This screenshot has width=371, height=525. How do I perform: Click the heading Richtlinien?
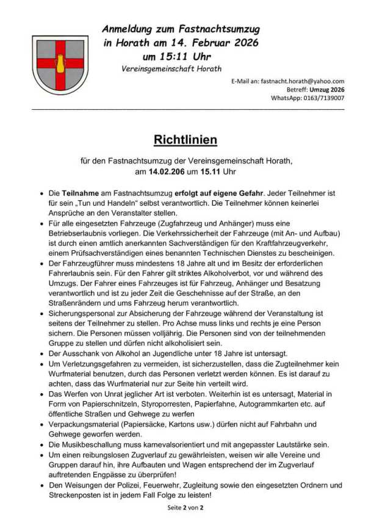[185, 140]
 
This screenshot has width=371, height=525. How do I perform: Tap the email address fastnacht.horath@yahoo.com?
[302, 81]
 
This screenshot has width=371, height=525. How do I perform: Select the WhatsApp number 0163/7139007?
[325, 98]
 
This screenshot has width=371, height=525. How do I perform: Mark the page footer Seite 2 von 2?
[185, 507]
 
